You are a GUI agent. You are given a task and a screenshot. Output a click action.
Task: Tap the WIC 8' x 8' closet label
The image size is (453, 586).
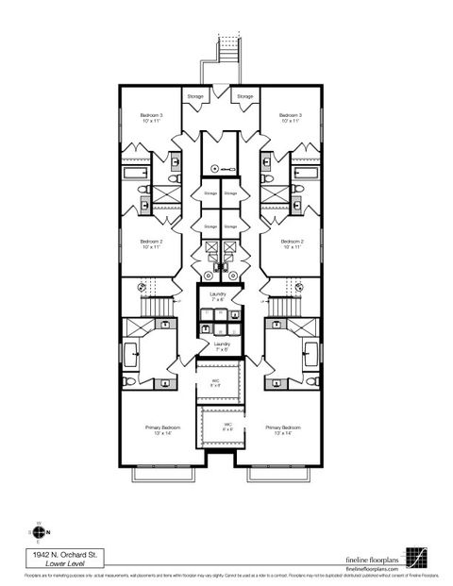tap(215, 382)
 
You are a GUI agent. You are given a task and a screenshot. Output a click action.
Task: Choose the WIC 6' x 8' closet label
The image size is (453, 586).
tap(228, 427)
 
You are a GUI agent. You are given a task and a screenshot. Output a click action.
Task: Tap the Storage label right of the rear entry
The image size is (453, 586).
tap(244, 96)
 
